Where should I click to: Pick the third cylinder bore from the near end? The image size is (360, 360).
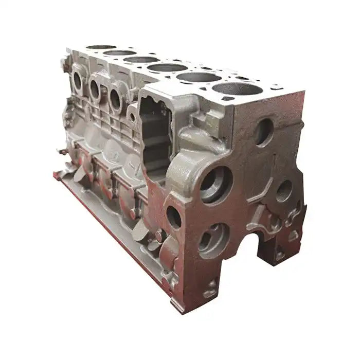click(x=167, y=67)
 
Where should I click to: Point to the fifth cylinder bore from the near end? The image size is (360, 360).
click(x=119, y=52)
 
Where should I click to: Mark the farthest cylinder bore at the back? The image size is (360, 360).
click(x=101, y=47)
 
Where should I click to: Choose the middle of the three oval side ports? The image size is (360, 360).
click(x=95, y=90)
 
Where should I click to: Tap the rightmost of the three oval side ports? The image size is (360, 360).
click(x=115, y=99)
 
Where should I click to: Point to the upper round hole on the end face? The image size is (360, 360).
click(x=263, y=132)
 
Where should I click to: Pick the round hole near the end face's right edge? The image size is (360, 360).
click(x=284, y=191)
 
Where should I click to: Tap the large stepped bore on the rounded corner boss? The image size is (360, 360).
click(x=215, y=184)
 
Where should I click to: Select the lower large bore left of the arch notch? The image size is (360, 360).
click(x=213, y=240)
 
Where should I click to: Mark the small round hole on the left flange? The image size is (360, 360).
click(x=174, y=217)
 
